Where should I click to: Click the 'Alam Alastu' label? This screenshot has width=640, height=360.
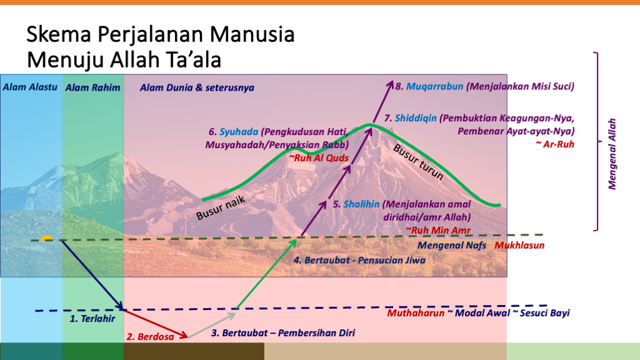pos(30,87)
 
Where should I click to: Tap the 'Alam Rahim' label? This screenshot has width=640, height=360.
pos(92,87)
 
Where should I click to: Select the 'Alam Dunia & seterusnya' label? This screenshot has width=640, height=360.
pos(197,87)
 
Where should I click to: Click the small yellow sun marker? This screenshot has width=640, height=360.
pos(46,238)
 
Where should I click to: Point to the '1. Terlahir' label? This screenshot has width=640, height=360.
pos(92,318)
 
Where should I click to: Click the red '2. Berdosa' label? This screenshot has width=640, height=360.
pos(150,337)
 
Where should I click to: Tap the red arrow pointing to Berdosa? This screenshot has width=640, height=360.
pos(156,324)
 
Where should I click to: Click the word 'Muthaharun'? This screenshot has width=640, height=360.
pos(416,313)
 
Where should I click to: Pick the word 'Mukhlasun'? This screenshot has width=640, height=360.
pos(519,245)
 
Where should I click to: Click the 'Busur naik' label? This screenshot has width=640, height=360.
pos(221,207)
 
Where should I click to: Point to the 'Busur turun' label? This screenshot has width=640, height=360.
pos(418,162)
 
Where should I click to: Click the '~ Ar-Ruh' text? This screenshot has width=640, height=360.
pos(555,144)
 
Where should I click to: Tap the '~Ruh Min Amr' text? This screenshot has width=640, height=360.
pos(438,230)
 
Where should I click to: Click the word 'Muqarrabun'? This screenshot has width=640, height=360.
pos(435,86)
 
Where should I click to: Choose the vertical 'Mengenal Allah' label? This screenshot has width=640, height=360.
pos(612,154)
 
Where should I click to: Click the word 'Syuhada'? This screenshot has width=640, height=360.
pos(239,132)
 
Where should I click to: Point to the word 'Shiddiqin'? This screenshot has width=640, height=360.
pos(416,118)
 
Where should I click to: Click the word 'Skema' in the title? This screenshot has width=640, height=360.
pos(58,34)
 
